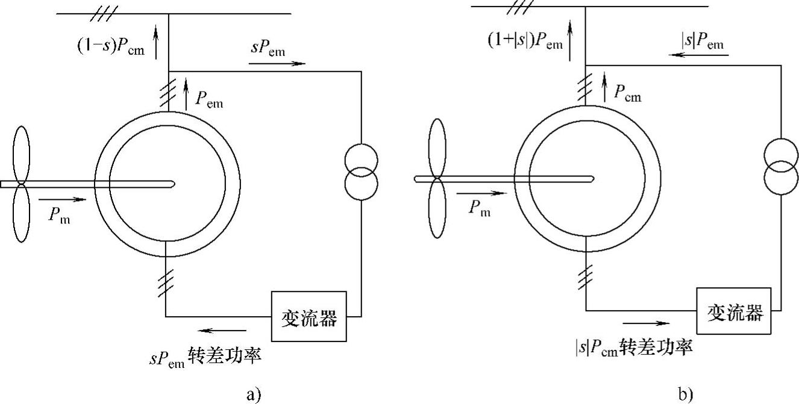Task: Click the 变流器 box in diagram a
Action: click(x=309, y=317)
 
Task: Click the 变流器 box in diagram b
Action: click(x=735, y=312)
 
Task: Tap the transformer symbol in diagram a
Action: click(x=361, y=170)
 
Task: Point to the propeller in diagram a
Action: click(x=21, y=184)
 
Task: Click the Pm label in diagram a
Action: click(x=59, y=215)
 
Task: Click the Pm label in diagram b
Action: click(x=479, y=208)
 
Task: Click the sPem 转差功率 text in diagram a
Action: click(x=205, y=356)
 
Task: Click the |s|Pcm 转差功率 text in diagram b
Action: click(x=633, y=347)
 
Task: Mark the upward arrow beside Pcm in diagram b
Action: click(x=604, y=85)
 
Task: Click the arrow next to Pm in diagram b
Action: click(x=481, y=194)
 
